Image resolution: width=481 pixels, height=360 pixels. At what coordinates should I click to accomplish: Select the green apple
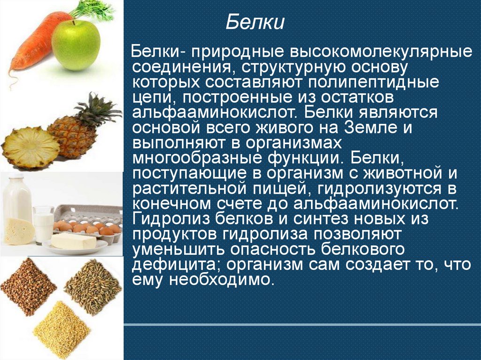[x=76, y=44]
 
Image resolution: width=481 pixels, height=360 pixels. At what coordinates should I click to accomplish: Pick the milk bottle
[x=17, y=199]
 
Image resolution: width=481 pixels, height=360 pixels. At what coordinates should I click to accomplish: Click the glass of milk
[x=43, y=224]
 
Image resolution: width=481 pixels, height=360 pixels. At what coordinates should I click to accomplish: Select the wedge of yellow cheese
[x=18, y=231]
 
